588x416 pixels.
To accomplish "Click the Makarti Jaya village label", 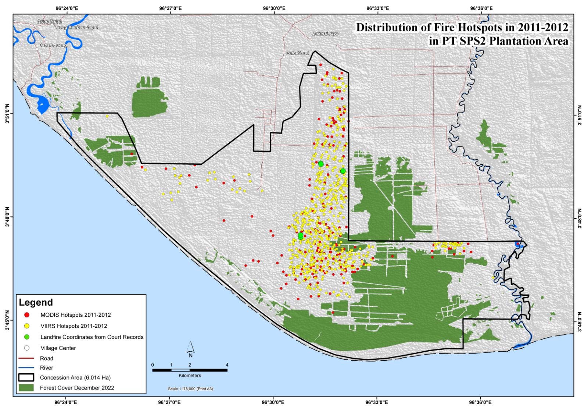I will point(325,33).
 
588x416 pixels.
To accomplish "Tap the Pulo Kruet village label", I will point(297,53).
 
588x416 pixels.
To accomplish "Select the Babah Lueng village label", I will point(53,45).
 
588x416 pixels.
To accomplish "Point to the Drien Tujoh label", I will point(50,22).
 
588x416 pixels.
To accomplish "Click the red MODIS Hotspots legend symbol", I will point(26,315).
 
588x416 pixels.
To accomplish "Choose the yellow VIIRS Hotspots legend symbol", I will point(26,326).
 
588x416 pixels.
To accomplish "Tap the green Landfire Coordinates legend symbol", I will point(26,337).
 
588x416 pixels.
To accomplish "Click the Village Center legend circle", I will point(26,348).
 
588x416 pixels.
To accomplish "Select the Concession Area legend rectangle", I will point(26,377).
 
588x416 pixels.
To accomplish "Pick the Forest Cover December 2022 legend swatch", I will point(26,388).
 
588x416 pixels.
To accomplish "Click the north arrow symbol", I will point(190,348).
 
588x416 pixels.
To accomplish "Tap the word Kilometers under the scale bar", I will point(190,376).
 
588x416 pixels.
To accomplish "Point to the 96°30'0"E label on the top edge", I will point(273,8).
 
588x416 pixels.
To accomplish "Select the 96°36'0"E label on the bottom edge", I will point(480,402).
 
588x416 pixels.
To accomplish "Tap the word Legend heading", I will point(36,302).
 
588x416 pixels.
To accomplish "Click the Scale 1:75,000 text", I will point(190,389).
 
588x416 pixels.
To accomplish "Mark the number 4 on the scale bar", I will point(227,365).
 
